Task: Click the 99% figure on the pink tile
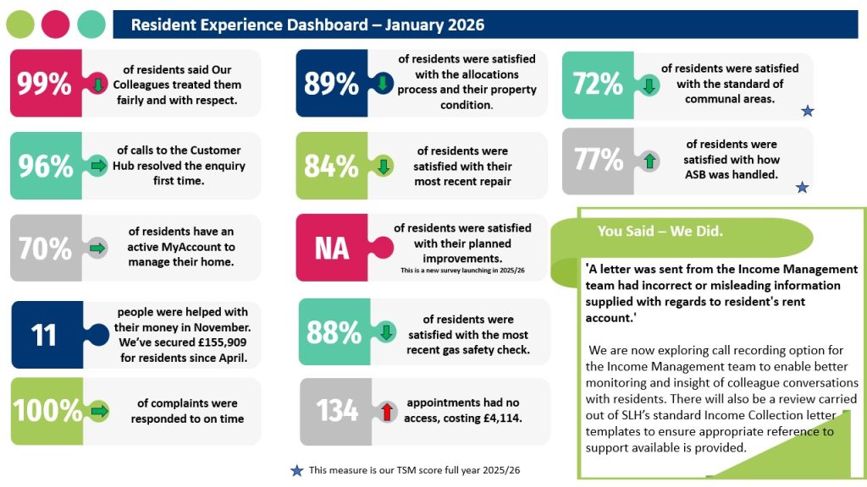[x=45, y=84]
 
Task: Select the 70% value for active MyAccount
[x=45, y=248]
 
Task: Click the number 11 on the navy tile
[x=43, y=334]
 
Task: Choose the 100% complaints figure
[x=47, y=411]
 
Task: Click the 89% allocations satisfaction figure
[x=331, y=84]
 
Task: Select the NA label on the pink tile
[x=331, y=249]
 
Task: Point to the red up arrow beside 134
[x=385, y=411]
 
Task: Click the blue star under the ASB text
[x=802, y=187]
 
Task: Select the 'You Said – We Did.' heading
[x=660, y=231]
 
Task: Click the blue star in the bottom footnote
[x=296, y=471]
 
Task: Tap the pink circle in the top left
[x=56, y=25]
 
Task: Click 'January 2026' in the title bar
[x=435, y=25]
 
